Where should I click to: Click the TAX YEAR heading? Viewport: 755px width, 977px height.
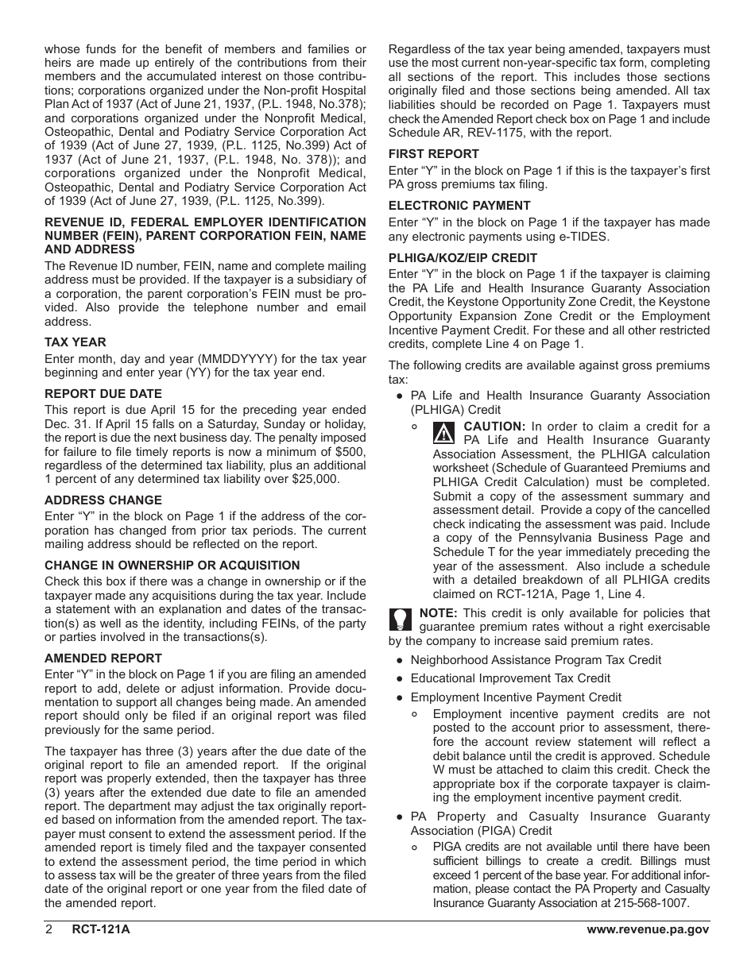pos(75,342)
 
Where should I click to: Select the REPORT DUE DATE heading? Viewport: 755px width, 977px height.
pos(103,394)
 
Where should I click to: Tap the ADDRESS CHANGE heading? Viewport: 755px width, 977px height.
pos(103,500)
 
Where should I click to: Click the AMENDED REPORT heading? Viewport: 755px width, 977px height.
pos(103,658)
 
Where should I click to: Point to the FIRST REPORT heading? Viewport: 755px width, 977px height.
pos(433,154)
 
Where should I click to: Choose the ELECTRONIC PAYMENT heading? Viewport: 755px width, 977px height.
pos(459,206)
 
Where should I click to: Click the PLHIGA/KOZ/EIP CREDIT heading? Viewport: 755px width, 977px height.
pos(463,258)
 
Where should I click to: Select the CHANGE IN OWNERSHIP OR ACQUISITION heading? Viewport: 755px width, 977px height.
pos(172,566)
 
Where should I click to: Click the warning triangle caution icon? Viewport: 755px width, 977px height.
pos(444,433)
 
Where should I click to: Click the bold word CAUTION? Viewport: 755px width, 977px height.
pos(494,426)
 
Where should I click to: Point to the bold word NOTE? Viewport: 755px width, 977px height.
pos(438,613)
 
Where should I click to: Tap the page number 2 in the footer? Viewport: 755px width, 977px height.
pos(49,930)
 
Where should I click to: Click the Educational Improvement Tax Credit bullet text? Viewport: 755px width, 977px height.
pos(510,678)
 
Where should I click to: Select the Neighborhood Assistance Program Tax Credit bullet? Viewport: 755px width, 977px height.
pos(535,660)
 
